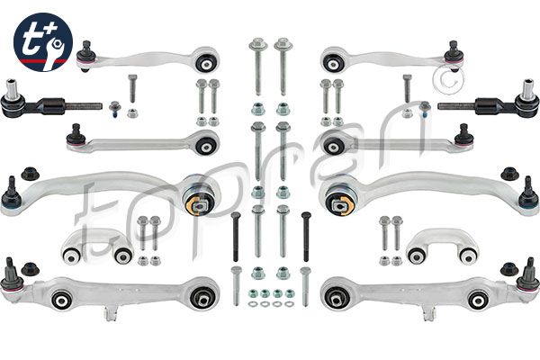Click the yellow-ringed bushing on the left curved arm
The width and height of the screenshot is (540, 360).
point(199,197)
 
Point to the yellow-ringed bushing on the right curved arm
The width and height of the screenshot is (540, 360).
point(341,197)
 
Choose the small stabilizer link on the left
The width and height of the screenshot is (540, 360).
point(97,247)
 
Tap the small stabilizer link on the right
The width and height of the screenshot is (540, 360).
point(442,247)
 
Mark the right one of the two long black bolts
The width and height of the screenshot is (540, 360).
point(306,236)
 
